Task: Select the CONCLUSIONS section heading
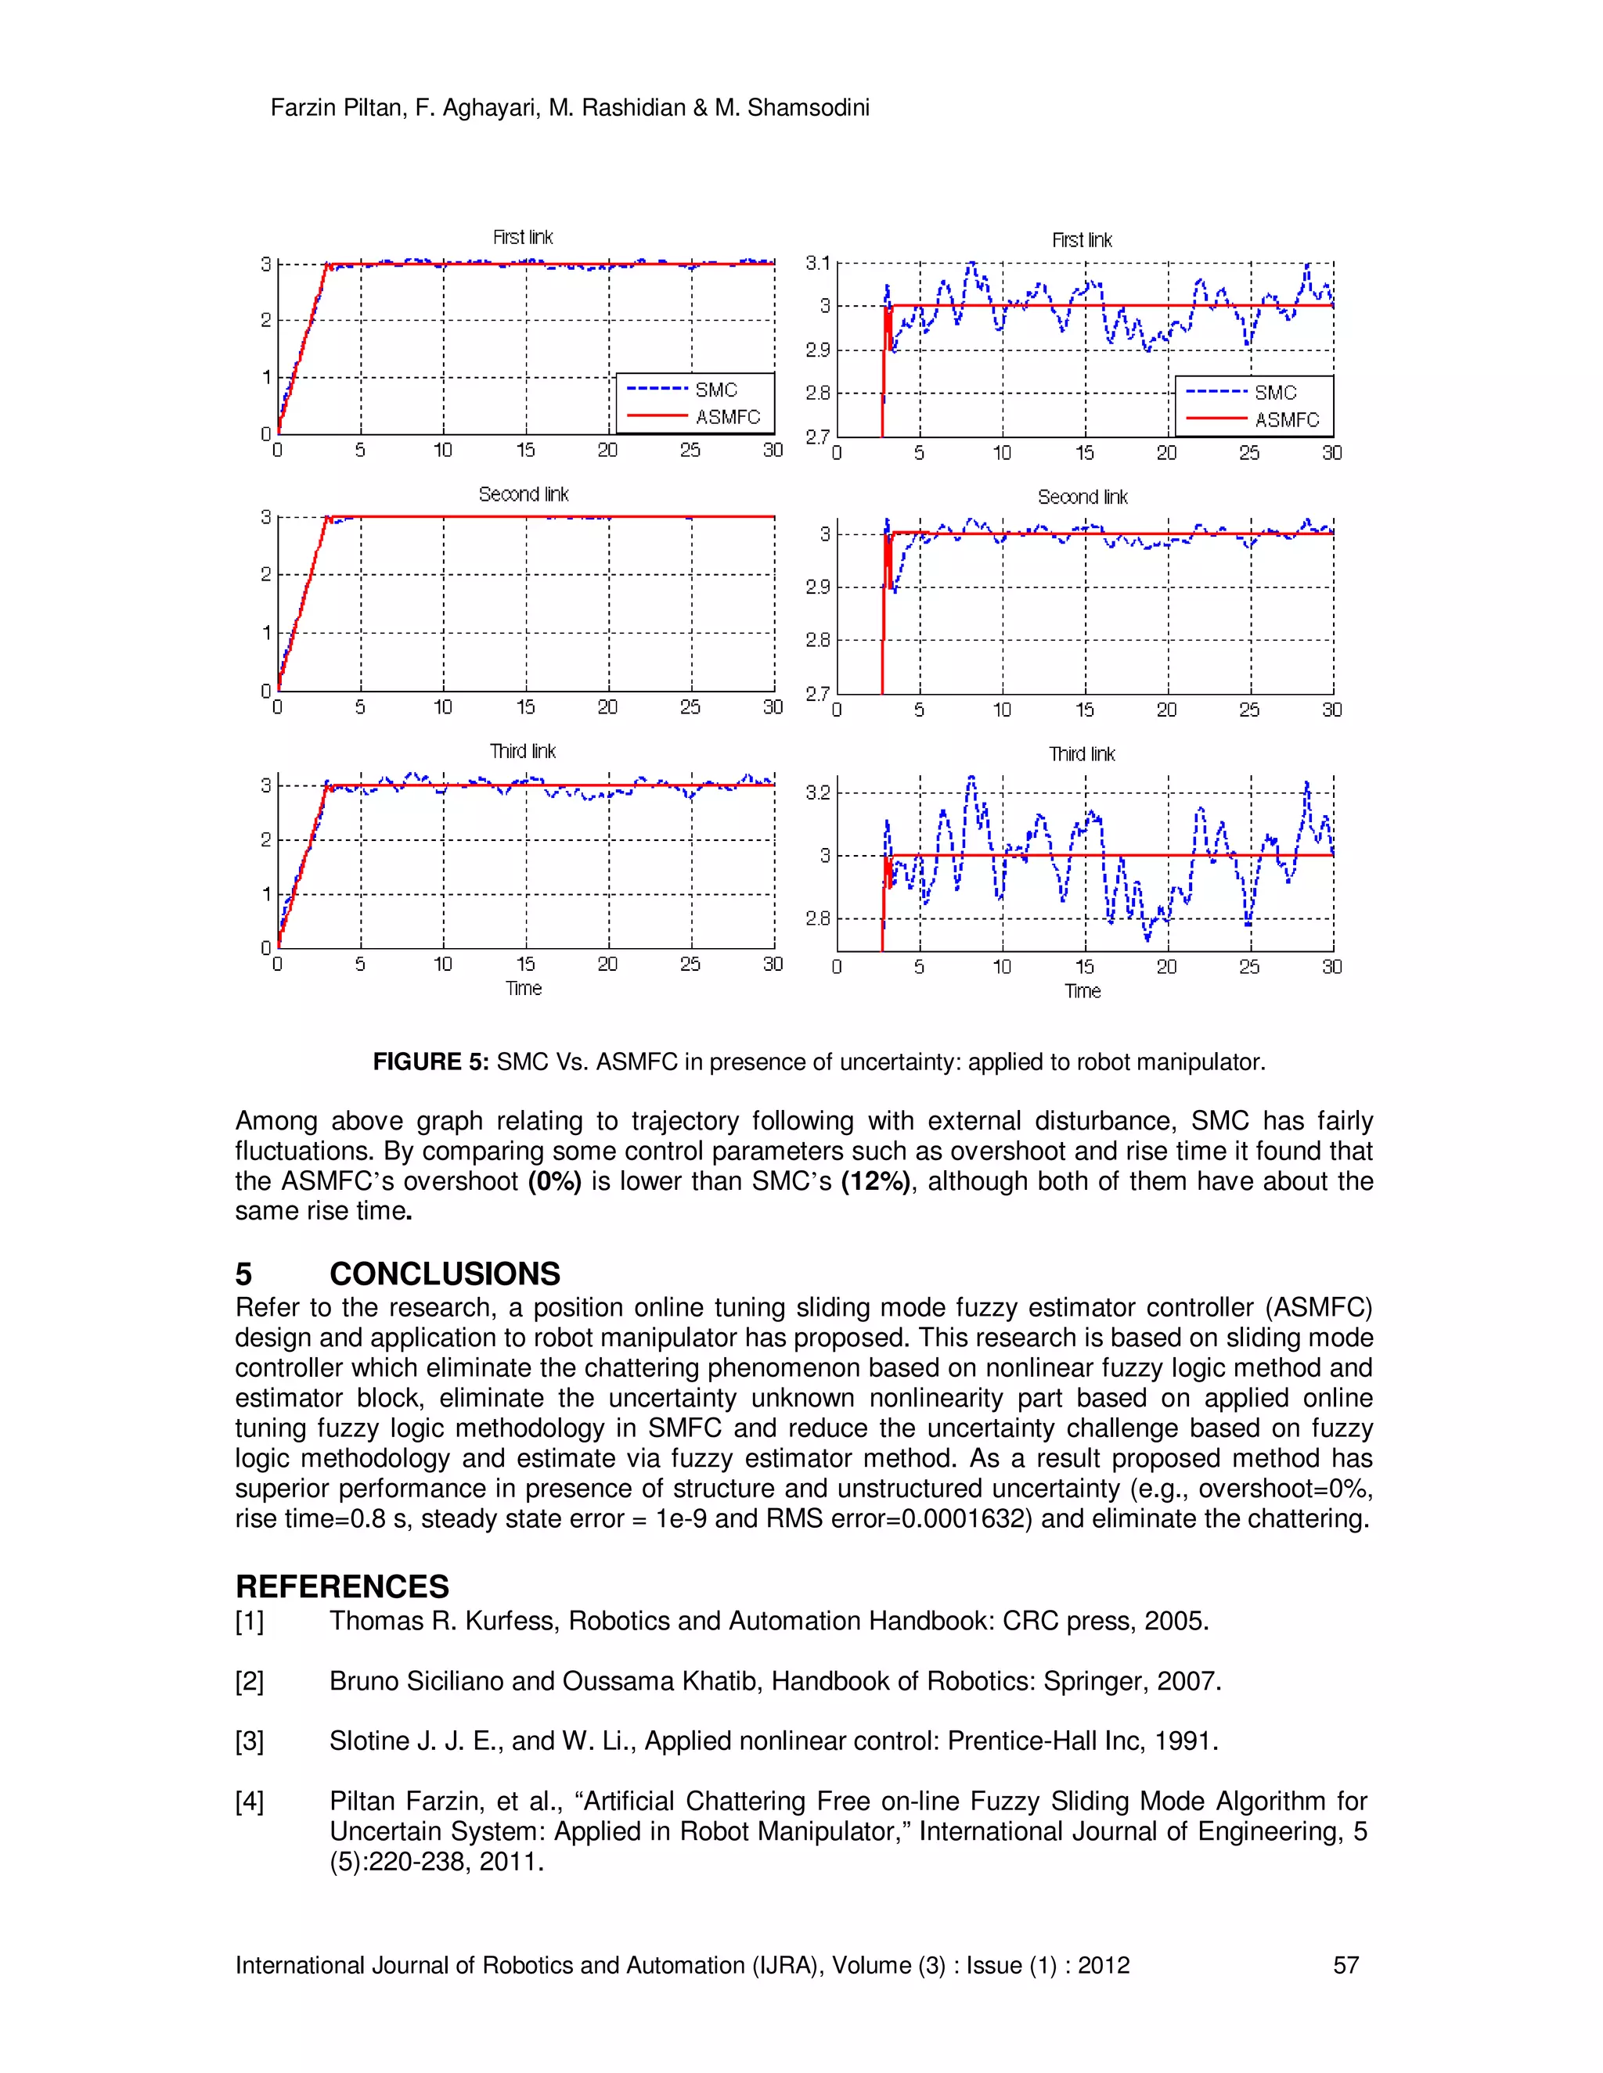coord(445,1274)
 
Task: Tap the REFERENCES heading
coord(342,1586)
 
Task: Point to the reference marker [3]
coord(250,1741)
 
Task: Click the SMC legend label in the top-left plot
coord(716,390)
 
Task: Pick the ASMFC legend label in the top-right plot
coord(1287,419)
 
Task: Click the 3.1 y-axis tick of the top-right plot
coord(818,263)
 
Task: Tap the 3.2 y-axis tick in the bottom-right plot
coord(818,792)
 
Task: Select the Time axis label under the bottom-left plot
coord(524,988)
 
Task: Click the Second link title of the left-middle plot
coord(524,494)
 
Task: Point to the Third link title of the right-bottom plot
coord(1082,755)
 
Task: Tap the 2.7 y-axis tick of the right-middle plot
coord(818,694)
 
